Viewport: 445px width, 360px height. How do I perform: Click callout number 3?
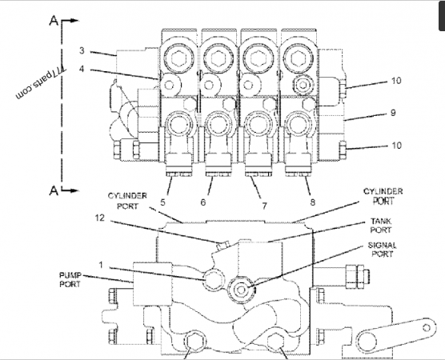coord(82,50)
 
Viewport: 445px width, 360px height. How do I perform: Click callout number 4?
coord(82,69)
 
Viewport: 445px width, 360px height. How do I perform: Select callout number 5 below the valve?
coord(162,202)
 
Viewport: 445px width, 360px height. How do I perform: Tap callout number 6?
coord(203,202)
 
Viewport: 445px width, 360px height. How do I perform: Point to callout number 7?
coord(264,206)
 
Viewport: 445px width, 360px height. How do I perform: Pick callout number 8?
coord(312,202)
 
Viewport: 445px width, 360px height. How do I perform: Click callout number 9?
coord(393,113)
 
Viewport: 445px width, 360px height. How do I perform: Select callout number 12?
coord(100,218)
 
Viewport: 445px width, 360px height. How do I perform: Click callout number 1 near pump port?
coord(101,265)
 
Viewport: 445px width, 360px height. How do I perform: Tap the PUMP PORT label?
coord(70,279)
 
